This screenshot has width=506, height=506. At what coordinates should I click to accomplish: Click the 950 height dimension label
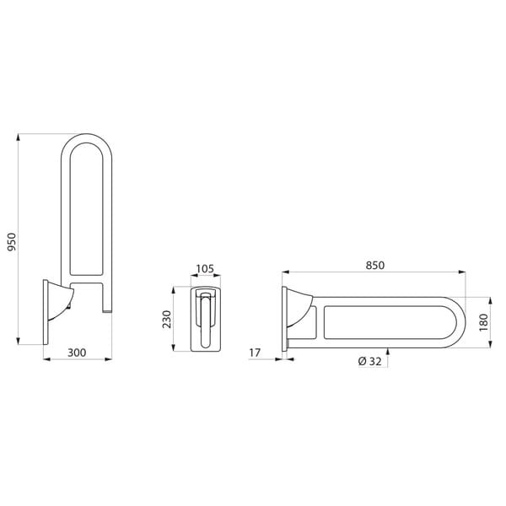point(12,242)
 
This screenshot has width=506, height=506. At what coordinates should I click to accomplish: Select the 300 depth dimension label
point(77,353)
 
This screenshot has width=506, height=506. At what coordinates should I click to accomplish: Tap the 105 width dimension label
point(205,268)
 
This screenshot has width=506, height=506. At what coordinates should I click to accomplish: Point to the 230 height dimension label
point(167,319)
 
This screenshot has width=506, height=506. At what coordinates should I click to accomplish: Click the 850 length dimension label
point(375,266)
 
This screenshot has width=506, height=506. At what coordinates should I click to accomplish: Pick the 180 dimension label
point(484,322)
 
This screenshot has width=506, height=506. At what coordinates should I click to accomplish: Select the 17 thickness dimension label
point(255,353)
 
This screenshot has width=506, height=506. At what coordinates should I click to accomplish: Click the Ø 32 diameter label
point(370,361)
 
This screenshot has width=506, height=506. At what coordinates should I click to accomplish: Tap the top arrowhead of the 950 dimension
point(18,137)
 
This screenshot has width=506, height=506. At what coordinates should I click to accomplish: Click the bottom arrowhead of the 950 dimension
point(18,341)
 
